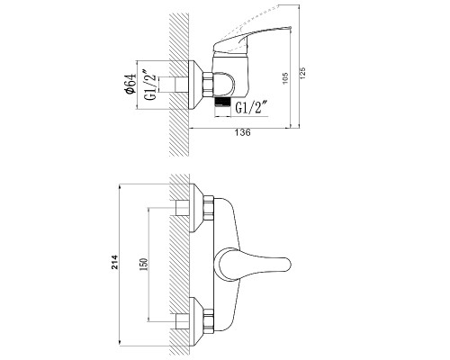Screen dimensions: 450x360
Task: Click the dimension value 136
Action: click(x=243, y=133)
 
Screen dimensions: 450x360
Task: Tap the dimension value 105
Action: click(x=285, y=78)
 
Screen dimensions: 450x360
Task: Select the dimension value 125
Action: click(x=302, y=73)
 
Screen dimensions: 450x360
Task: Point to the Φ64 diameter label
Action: click(x=130, y=84)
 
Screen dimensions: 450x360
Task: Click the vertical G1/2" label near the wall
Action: click(x=150, y=85)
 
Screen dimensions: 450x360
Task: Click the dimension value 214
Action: click(x=115, y=262)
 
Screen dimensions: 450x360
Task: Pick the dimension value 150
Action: click(x=144, y=265)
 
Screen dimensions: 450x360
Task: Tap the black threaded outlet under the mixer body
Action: click(x=223, y=102)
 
